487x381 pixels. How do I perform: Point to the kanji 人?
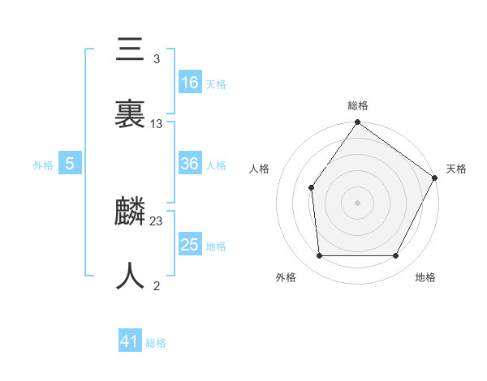point(131,276)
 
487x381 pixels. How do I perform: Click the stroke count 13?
point(157,124)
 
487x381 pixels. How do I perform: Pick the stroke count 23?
point(157,221)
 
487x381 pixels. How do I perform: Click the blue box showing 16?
point(190,83)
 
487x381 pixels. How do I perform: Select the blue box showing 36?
point(190,164)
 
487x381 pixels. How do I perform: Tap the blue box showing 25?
point(190,245)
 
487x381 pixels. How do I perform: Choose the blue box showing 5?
point(70,164)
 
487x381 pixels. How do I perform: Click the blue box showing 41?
point(130,342)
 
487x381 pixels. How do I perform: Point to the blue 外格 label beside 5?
point(43,165)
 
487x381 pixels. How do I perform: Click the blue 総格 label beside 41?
point(156,344)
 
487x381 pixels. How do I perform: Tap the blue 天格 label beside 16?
point(216,84)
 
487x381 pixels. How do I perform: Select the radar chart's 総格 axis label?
point(358,105)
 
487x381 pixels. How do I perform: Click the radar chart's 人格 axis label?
point(260,169)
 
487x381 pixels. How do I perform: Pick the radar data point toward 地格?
point(396,256)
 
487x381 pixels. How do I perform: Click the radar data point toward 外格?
point(319,256)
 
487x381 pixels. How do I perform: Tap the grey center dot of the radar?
point(357,202)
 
